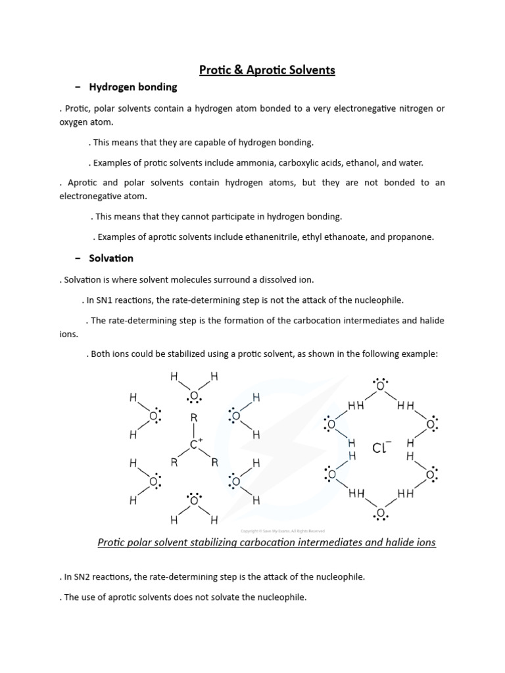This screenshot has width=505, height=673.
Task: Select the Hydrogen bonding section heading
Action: tap(133, 87)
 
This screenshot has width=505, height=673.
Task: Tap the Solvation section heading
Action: tap(111, 258)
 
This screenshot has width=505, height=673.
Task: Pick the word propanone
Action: tap(412, 237)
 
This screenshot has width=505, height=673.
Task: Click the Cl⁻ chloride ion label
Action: tap(381, 448)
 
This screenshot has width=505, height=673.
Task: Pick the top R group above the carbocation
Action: tap(193, 418)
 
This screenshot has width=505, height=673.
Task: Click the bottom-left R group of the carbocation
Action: tap(174, 462)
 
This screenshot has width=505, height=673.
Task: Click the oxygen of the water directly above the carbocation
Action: tap(194, 396)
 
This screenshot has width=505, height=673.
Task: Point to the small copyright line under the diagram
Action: tap(282, 531)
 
